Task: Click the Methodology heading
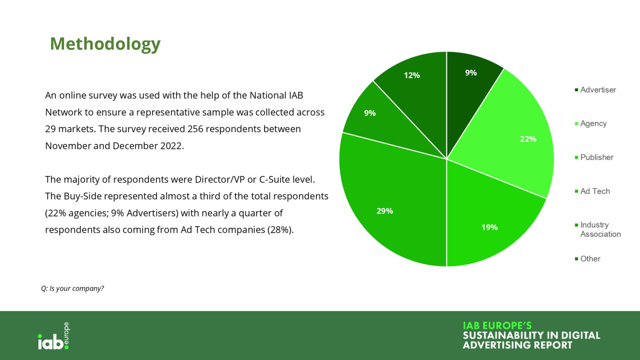coord(105,44)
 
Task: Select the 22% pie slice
coord(511,137)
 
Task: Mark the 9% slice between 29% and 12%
coord(380,120)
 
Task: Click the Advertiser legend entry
coord(595,90)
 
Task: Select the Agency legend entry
coord(590,123)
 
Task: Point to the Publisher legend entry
coord(594,157)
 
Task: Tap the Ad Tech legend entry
coord(593,191)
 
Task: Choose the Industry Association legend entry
coord(598,229)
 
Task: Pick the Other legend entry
coord(587,259)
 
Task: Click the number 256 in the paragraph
coord(195,129)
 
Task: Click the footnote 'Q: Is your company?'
coord(73,289)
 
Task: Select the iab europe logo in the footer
coord(54,336)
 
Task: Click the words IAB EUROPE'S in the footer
coord(497,325)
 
